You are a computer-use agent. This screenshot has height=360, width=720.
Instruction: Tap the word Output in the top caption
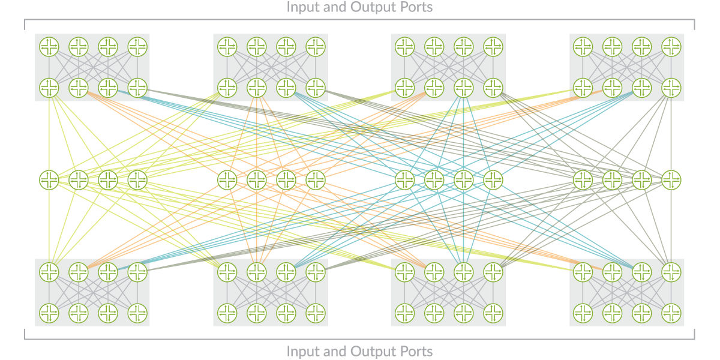(374, 7)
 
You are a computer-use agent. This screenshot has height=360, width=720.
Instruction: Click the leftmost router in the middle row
(49, 179)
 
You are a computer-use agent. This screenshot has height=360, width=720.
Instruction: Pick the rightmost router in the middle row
(670, 179)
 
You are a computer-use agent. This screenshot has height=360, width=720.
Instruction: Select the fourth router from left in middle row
(137, 179)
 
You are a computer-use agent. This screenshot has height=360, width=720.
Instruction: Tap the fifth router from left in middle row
(227, 179)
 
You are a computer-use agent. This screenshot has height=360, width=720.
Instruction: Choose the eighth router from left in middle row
(315, 179)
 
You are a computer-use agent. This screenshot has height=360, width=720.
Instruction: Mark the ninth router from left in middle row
(404, 179)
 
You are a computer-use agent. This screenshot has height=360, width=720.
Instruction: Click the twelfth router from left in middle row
(493, 179)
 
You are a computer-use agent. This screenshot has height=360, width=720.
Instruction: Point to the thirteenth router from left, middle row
(582, 179)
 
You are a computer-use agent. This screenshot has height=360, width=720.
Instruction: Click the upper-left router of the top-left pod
(49, 46)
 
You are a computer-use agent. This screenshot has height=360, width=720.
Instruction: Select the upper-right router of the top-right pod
(670, 46)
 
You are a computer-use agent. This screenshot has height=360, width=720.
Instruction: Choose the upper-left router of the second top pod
(227, 46)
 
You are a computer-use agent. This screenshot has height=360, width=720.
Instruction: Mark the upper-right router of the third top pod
(493, 46)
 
